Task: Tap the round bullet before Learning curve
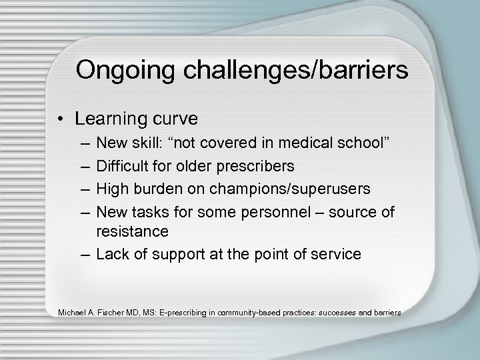(62, 119)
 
